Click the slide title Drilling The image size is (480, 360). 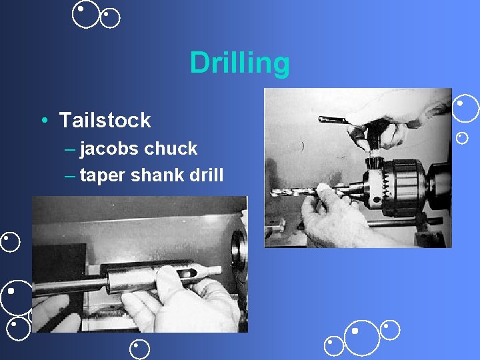pos(239,63)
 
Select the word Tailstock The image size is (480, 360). pos(105,121)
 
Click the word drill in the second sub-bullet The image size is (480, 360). pos(207,175)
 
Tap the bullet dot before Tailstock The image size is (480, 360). pos(43,121)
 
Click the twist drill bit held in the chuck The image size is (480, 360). pos(293,192)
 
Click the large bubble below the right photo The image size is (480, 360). pos(361,338)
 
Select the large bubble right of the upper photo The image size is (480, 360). pos(466,109)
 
